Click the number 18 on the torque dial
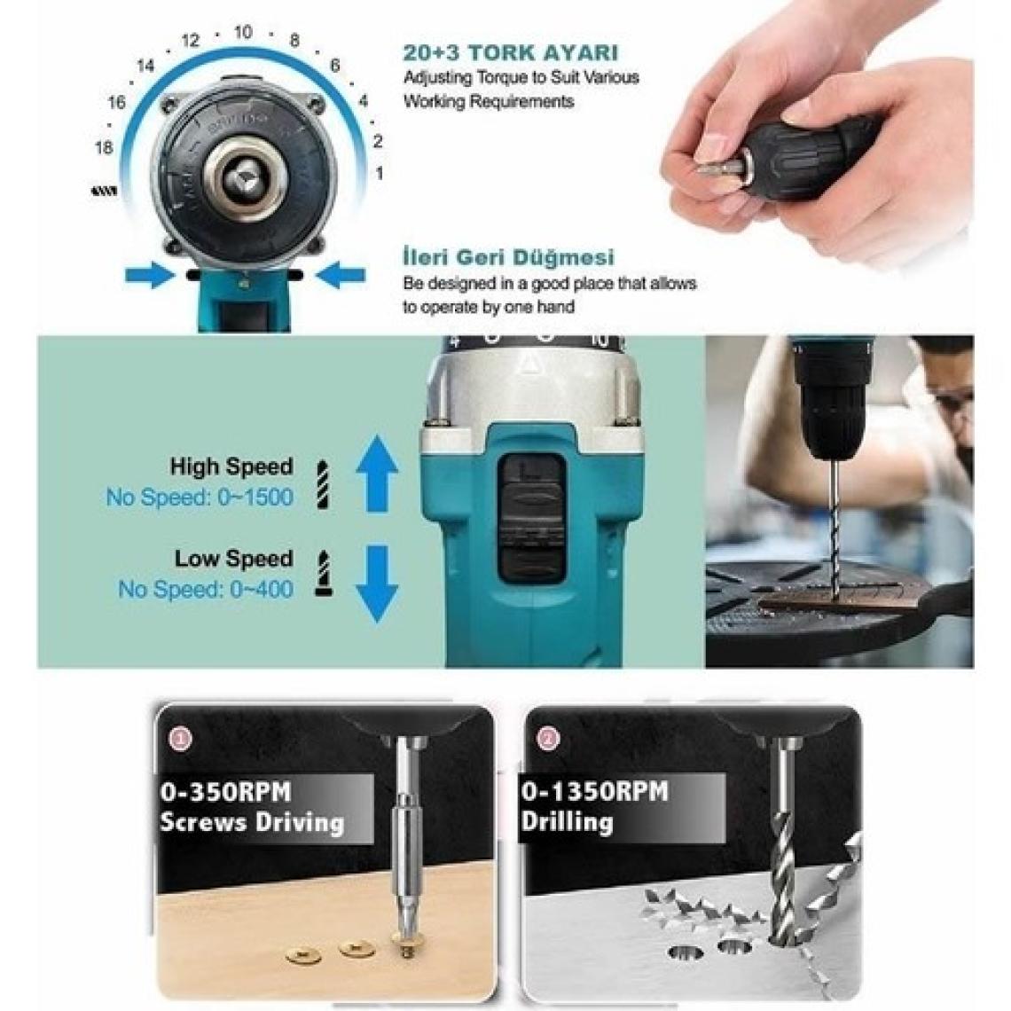tap(104, 147)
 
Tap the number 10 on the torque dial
tap(243, 32)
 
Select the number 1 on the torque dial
tap(380, 174)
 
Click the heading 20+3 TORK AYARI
tap(511, 52)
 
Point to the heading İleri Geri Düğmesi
tap(508, 257)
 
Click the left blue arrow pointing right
tap(149, 275)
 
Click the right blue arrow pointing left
tap(341, 275)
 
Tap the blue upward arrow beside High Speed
tap(377, 474)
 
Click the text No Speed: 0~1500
tap(200, 498)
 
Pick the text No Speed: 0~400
tap(206, 589)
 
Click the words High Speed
tap(231, 466)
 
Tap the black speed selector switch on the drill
tap(533, 516)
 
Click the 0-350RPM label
tap(225, 791)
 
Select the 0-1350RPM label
tap(594, 791)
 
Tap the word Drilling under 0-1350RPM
tap(567, 822)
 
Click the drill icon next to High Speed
tap(323, 485)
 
